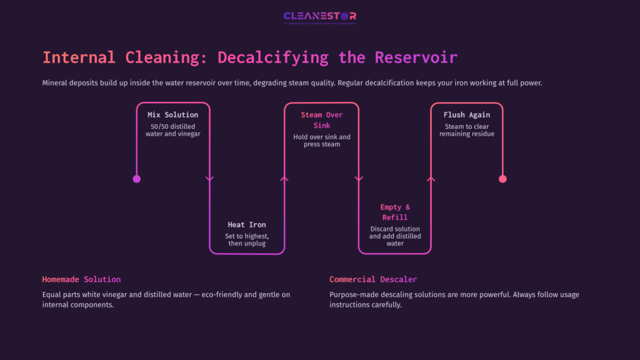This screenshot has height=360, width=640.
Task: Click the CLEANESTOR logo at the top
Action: coord(319,17)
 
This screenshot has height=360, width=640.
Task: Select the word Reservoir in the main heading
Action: coord(416,57)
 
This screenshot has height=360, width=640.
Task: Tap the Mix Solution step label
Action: coord(172,115)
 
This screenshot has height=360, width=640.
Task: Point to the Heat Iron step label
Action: coord(246,224)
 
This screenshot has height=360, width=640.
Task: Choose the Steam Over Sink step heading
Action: coord(321,120)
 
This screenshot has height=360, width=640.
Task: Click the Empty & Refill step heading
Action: coord(395,212)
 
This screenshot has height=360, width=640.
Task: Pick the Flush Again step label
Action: coord(466,115)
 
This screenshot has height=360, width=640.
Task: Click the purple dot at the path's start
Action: coord(137,179)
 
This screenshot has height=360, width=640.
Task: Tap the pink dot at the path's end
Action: coord(502,179)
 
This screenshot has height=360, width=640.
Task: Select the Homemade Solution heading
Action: coord(81,279)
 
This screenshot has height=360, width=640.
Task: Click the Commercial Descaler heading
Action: coord(372,279)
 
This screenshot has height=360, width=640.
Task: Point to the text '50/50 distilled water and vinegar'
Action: coord(172,130)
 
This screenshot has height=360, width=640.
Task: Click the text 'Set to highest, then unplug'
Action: coord(246,239)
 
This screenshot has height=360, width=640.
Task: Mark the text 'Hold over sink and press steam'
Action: coord(321,141)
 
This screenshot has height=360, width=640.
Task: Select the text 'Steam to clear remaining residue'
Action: coord(466,130)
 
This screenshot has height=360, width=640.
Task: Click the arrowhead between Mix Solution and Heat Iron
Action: coord(209,179)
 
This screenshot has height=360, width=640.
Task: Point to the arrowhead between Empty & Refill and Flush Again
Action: coord(431,179)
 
